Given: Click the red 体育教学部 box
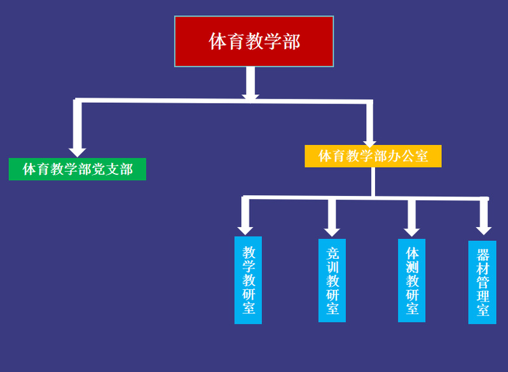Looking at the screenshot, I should pos(254,41).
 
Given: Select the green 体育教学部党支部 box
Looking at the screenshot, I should pos(77,169).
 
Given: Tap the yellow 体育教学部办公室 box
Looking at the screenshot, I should pos(373,156).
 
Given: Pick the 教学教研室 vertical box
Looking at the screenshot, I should pos(248,280).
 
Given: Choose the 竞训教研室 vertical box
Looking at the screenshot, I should pos(332,280).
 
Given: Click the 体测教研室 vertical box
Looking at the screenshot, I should pos(411,280).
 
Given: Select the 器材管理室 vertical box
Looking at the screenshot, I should pos(482,282).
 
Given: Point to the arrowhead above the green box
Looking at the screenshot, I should pos(78,151).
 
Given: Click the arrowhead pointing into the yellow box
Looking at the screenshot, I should pos(369,143).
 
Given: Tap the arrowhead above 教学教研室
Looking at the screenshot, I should pos(245,230).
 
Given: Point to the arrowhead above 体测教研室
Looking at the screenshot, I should pos(411,231).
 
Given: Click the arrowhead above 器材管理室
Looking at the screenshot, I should pos(484,230).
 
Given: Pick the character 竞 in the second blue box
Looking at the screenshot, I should pos(333,252).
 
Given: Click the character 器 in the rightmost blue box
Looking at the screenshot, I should pos(483,255).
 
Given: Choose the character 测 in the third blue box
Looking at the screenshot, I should pos(412,266).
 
